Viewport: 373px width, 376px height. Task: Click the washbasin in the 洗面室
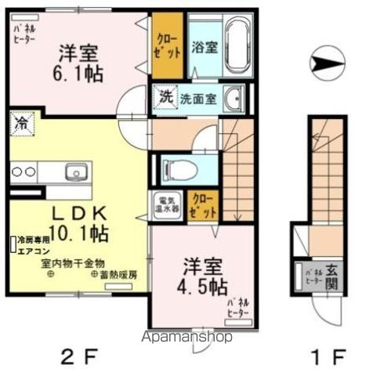point(234,99)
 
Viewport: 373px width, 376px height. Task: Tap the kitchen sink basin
point(76,171)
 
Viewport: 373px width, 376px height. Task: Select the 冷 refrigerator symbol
point(20,123)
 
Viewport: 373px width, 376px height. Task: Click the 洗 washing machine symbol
point(167,98)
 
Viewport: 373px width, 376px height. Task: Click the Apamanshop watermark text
point(185,338)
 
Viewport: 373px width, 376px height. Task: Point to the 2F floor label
point(78,360)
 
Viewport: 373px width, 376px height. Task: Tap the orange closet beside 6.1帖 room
point(168,45)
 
